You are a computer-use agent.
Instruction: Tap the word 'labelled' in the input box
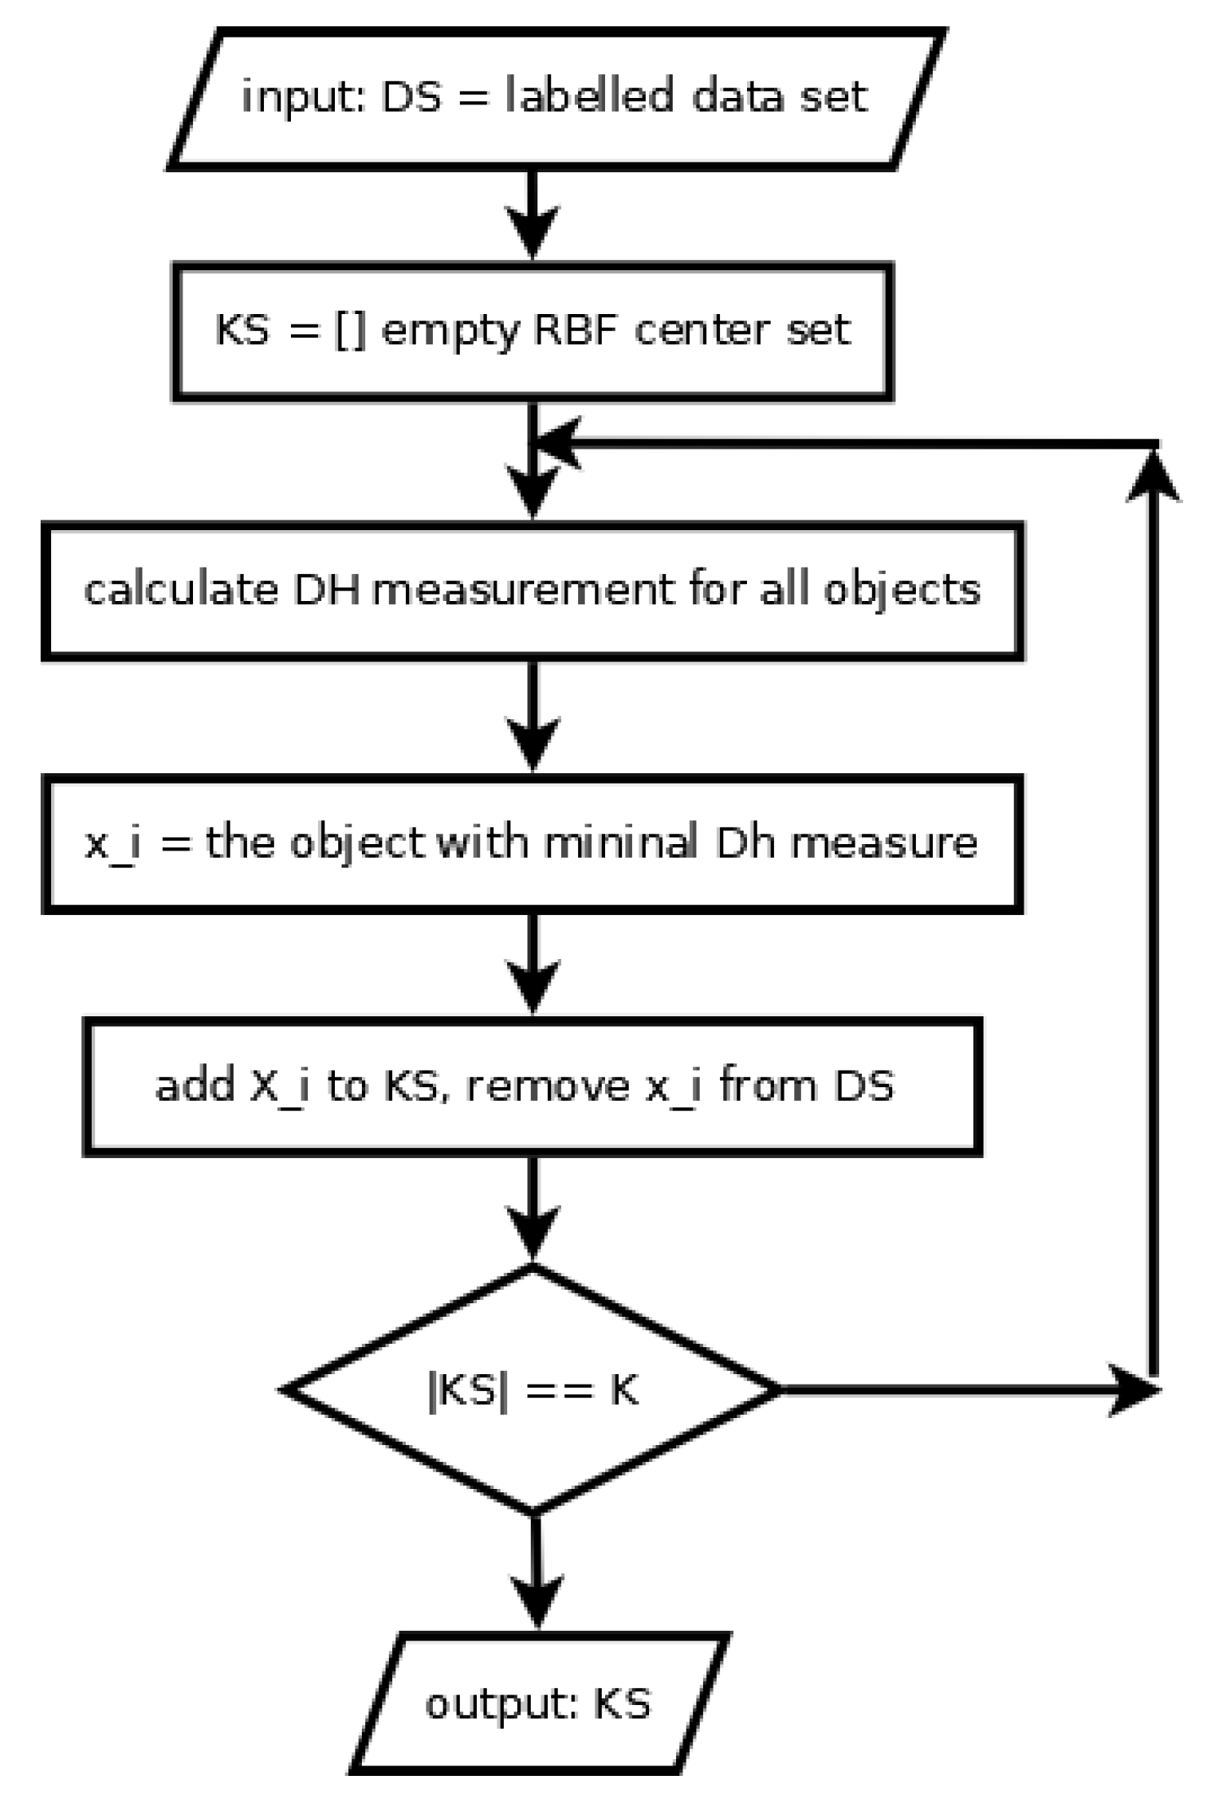[x=589, y=96]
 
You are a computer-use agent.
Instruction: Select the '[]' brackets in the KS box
[x=350, y=330]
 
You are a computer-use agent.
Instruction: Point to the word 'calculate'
[x=180, y=590]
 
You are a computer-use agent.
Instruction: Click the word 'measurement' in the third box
[x=522, y=591]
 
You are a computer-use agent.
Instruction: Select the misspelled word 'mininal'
[x=620, y=842]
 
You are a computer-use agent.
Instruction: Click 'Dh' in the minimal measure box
[x=745, y=842]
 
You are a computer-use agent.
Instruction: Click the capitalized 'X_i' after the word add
[x=279, y=1086]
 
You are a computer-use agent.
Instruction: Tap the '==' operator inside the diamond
[x=560, y=1391]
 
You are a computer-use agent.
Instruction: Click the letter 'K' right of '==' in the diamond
[x=624, y=1391]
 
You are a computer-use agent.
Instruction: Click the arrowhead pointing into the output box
[x=537, y=1598]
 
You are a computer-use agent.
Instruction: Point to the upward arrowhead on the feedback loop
[x=1153, y=478]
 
